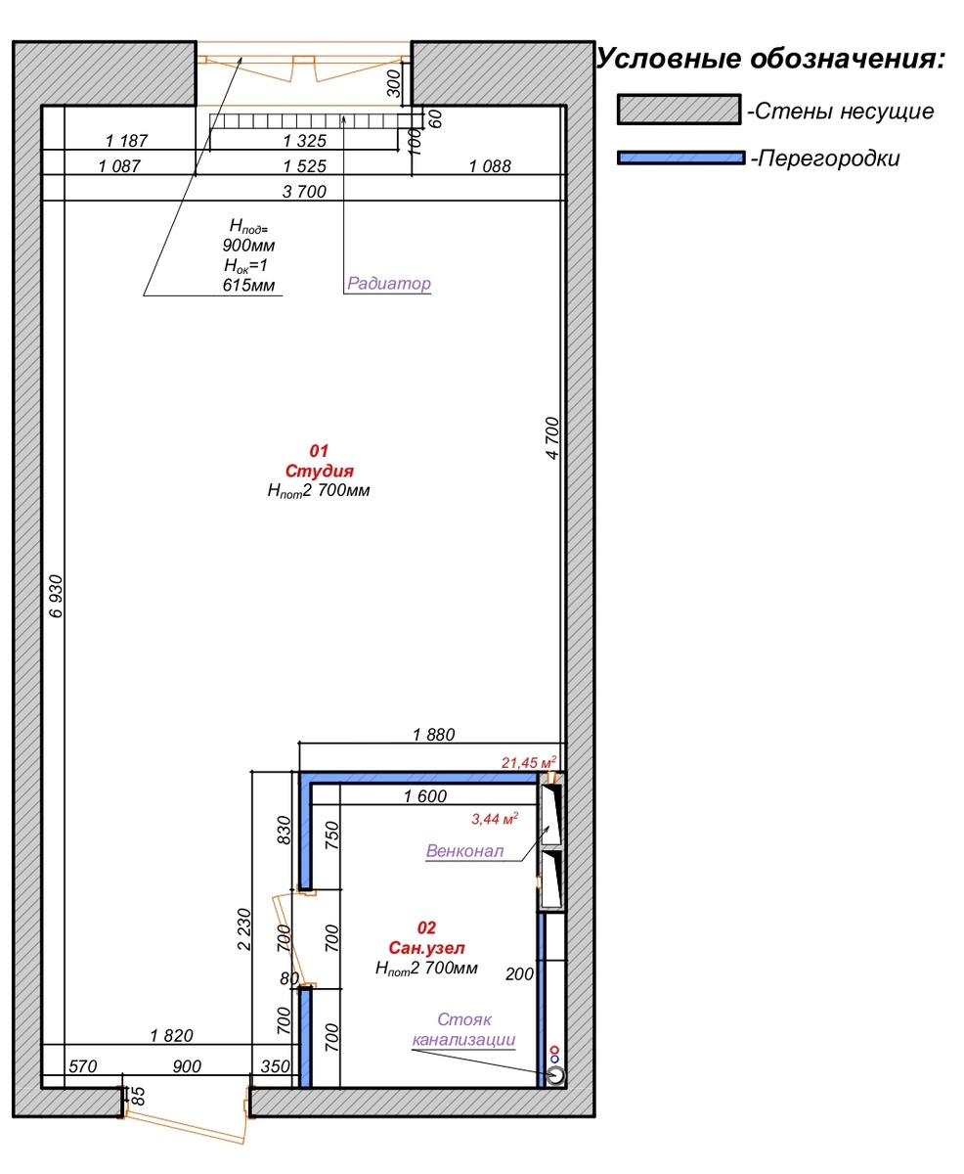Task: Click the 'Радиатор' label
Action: pyautogui.click(x=389, y=284)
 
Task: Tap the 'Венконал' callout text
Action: pyautogui.click(x=464, y=850)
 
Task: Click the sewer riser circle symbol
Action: pyautogui.click(x=555, y=1075)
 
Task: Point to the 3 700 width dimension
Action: pyautogui.click(x=304, y=192)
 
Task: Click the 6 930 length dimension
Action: pyautogui.click(x=56, y=596)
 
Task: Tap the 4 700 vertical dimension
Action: pyautogui.click(x=551, y=438)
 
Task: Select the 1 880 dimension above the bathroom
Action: pyautogui.click(x=433, y=735)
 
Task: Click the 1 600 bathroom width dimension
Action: pyautogui.click(x=425, y=796)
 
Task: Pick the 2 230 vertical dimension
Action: pyautogui.click(x=243, y=929)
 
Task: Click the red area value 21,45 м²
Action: pyautogui.click(x=529, y=763)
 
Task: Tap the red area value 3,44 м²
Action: pyautogui.click(x=495, y=819)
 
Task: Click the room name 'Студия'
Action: pyautogui.click(x=320, y=471)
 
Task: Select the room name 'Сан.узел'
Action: pyautogui.click(x=426, y=947)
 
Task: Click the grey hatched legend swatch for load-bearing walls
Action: pyautogui.click(x=679, y=110)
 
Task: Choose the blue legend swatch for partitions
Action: pyautogui.click(x=680, y=158)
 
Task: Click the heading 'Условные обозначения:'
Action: pyautogui.click(x=771, y=59)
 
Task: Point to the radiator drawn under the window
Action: pyautogui.click(x=316, y=120)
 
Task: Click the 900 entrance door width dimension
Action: pyautogui.click(x=187, y=1066)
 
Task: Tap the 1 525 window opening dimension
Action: pyautogui.click(x=304, y=166)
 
